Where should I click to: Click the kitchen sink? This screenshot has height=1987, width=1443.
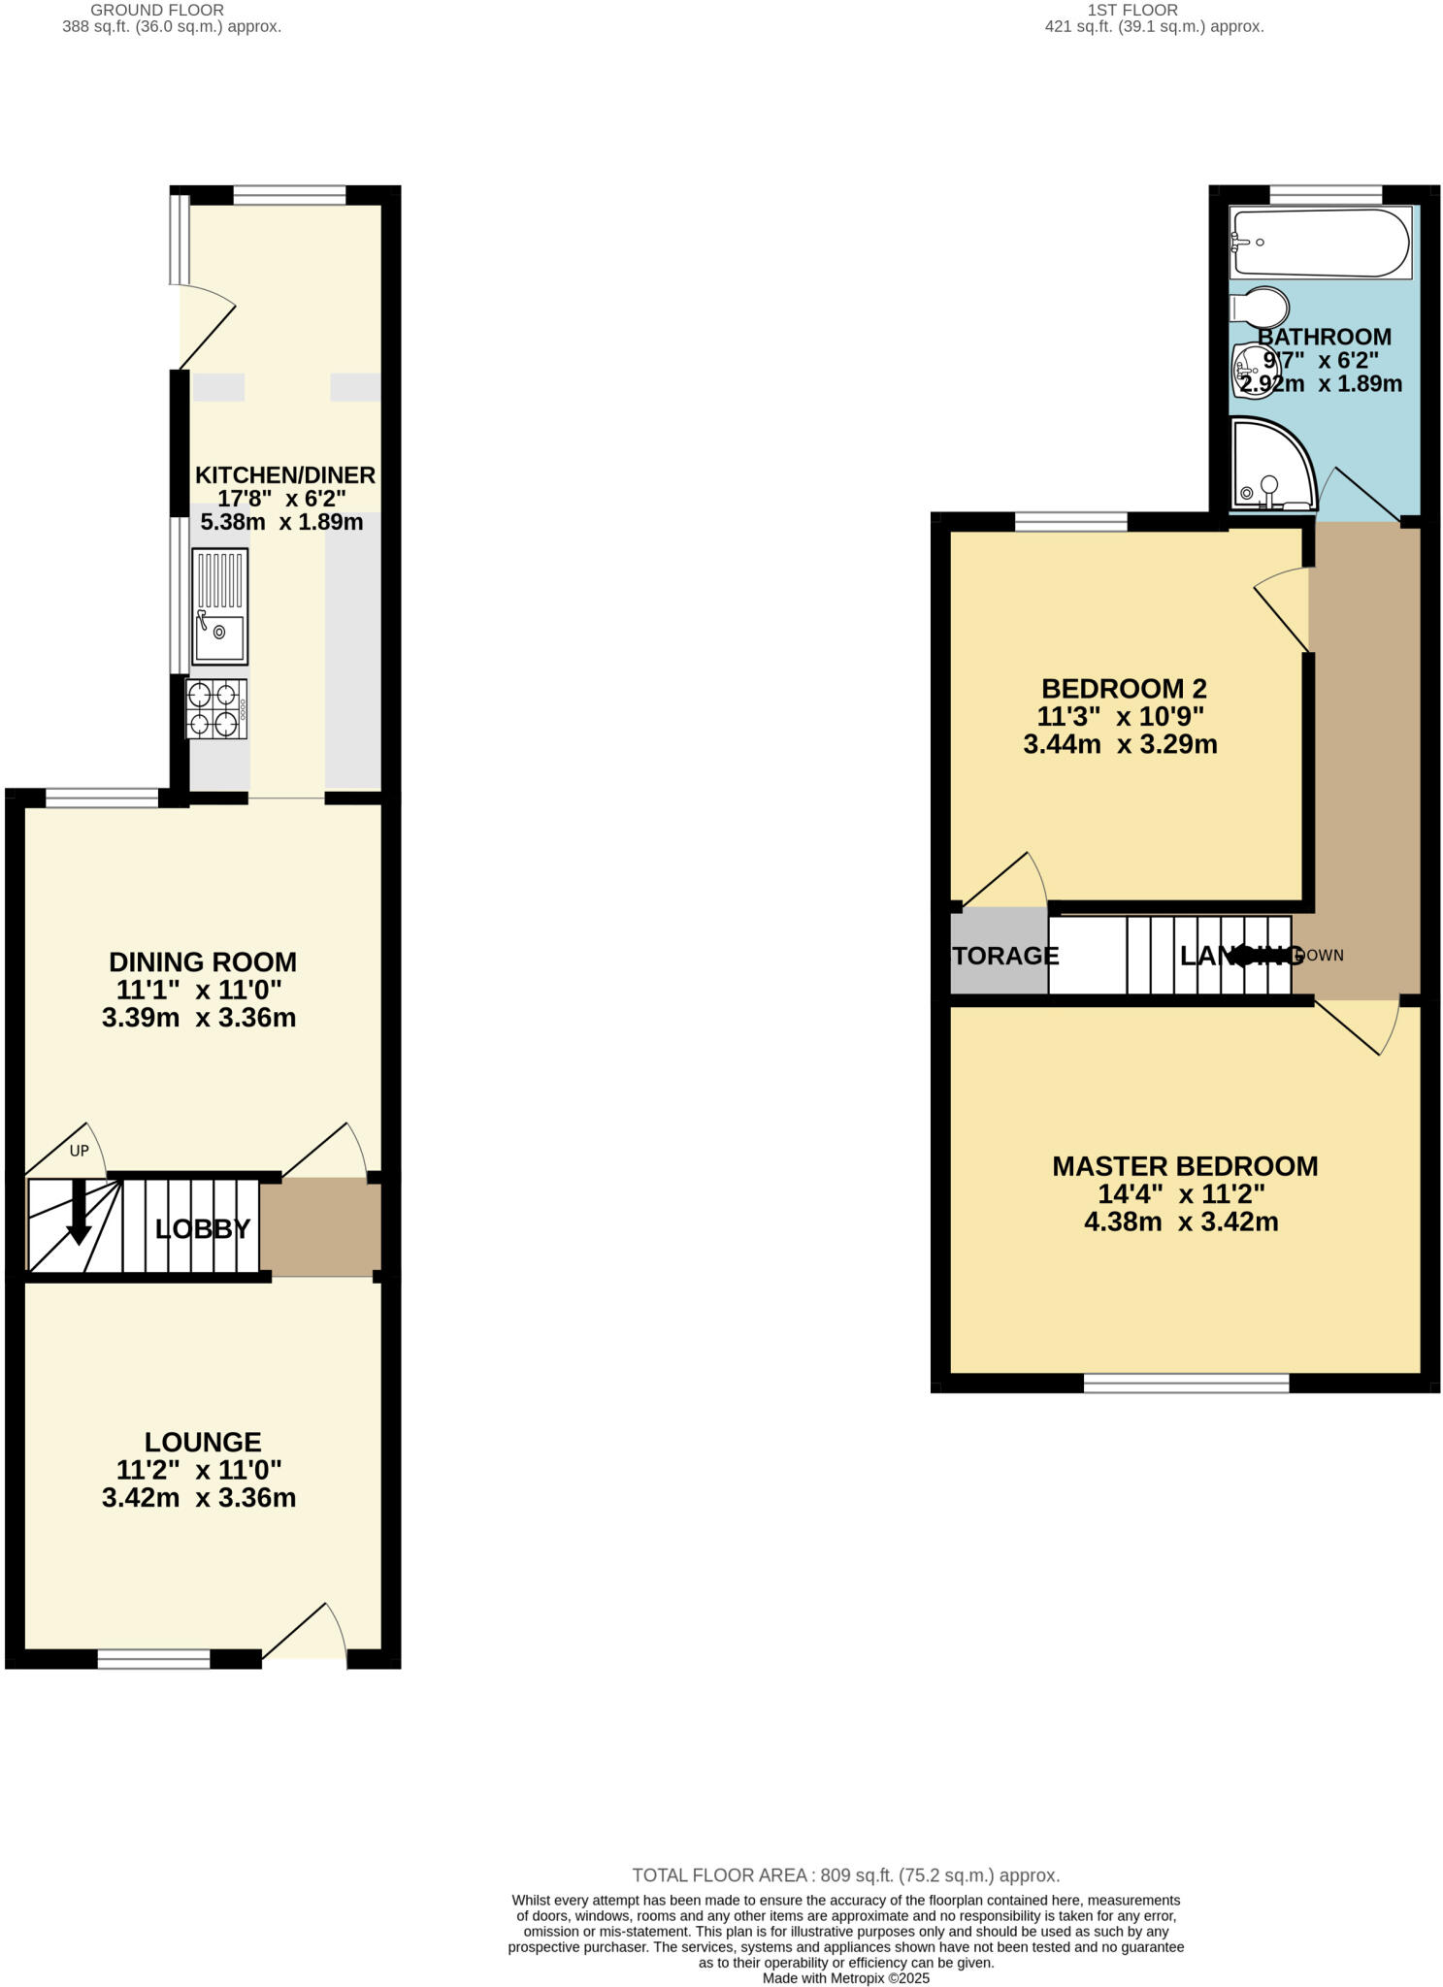(219, 606)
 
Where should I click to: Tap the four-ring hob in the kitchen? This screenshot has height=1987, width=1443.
(216, 709)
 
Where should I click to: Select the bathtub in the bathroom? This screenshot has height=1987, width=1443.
(1320, 243)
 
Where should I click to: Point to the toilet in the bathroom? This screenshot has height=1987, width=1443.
(1260, 309)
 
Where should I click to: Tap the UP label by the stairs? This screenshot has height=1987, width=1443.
(79, 1151)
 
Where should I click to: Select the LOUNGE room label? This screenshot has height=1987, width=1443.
(203, 1442)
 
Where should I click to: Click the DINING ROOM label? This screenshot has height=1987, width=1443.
(203, 961)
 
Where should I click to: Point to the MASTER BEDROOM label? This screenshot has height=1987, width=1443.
(1185, 1165)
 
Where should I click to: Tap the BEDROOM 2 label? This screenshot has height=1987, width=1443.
(1124, 689)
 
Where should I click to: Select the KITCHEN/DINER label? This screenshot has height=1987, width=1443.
(285, 474)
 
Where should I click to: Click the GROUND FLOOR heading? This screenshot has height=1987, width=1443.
(157, 10)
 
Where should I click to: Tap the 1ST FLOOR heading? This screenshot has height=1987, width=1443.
(1132, 10)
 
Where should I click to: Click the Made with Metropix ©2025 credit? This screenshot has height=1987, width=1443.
(845, 1978)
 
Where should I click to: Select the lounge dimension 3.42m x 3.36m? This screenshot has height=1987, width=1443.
(199, 1498)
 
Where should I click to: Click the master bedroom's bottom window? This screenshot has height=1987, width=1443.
(1186, 1384)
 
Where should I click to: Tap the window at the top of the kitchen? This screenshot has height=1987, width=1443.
(289, 195)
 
